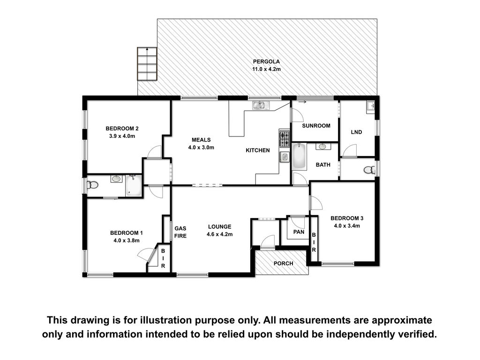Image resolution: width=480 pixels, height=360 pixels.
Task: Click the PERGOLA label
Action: point(266,61)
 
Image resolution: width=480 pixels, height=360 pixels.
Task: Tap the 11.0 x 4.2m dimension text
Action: point(266,69)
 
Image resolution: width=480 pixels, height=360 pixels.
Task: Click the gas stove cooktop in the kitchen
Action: point(284,138)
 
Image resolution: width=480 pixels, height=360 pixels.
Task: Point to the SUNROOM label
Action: point(316,126)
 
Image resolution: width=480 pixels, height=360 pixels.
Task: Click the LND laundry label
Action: point(356,132)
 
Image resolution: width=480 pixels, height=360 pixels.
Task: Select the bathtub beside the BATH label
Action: point(299,157)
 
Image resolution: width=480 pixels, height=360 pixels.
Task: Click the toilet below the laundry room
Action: point(370,170)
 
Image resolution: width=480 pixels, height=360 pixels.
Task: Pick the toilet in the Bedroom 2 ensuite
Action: point(92,185)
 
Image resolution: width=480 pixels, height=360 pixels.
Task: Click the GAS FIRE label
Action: point(180,232)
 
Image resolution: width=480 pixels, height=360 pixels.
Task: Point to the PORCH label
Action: point(283,263)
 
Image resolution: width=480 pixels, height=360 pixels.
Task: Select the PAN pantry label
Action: point(299,232)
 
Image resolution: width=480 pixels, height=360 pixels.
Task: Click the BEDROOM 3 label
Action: point(347,218)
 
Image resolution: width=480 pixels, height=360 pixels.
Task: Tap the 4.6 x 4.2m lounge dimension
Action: point(219,234)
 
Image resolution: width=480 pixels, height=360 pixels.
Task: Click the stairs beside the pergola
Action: point(147,64)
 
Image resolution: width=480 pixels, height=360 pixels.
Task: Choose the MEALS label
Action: point(201,140)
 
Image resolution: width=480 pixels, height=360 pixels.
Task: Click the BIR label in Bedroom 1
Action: point(163,258)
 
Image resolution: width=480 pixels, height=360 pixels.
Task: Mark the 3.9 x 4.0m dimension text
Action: point(122,136)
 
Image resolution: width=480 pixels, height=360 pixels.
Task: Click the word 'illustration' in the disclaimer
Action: point(166,320)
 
